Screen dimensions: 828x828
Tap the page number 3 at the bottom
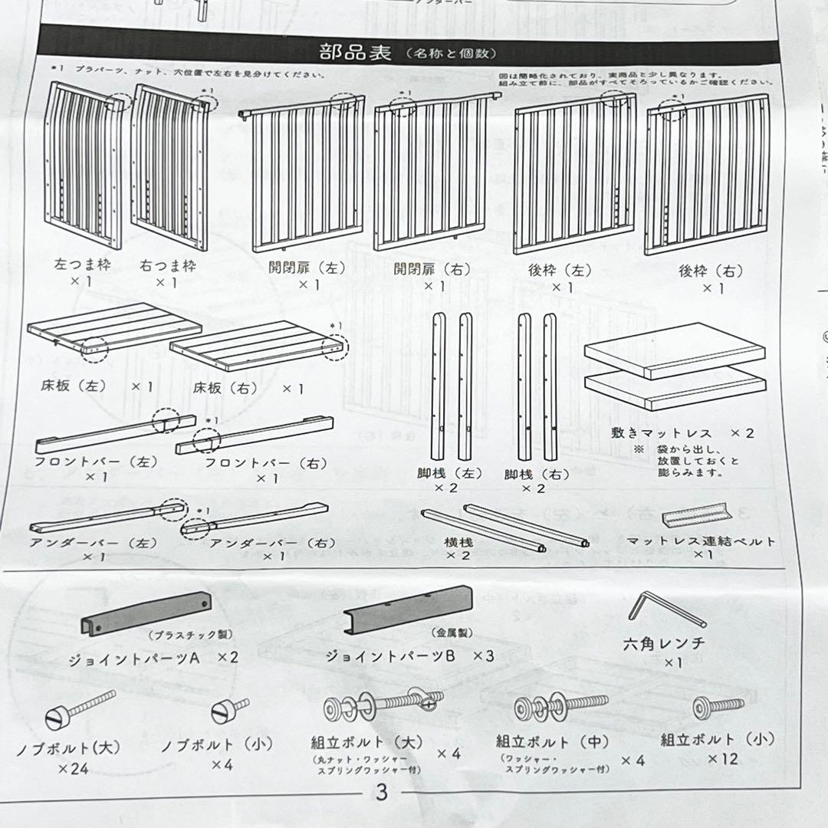pyautogui.click(x=381, y=793)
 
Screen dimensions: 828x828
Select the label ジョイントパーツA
pyautogui.click(x=133, y=657)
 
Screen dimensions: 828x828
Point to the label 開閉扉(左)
pyautogui.click(x=306, y=268)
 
